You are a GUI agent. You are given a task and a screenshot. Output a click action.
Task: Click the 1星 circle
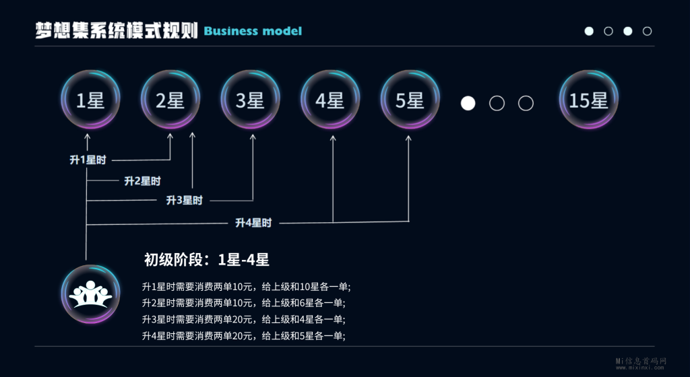pyautogui.click(x=90, y=100)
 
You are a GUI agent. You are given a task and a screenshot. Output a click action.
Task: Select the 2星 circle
pyautogui.click(x=170, y=100)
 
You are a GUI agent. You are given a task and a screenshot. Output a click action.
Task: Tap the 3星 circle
pyautogui.click(x=250, y=100)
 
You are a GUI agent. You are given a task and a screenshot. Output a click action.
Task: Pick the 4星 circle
pyautogui.click(x=330, y=100)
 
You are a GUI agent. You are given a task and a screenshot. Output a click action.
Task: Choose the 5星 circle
pyautogui.click(x=410, y=100)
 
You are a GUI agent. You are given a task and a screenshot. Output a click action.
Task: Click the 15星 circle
pyautogui.click(x=588, y=100)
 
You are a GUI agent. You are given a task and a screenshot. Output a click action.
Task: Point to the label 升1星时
pyautogui.click(x=88, y=160)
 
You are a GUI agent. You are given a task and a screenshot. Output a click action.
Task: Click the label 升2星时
pyautogui.click(x=142, y=180)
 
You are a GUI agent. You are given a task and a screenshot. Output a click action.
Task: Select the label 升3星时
pyautogui.click(x=184, y=201)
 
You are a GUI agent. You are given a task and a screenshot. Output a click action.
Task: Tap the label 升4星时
pyautogui.click(x=253, y=223)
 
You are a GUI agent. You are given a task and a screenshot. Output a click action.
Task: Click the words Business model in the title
pyautogui.click(x=253, y=31)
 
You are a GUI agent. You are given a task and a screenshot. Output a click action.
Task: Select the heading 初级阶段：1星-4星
pyautogui.click(x=207, y=260)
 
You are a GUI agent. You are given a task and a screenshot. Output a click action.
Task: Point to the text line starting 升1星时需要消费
pyautogui.click(x=247, y=285)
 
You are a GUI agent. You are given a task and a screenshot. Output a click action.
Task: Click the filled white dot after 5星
pyautogui.click(x=468, y=103)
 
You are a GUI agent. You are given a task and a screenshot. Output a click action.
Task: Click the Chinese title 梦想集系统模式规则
pyautogui.click(x=117, y=30)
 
